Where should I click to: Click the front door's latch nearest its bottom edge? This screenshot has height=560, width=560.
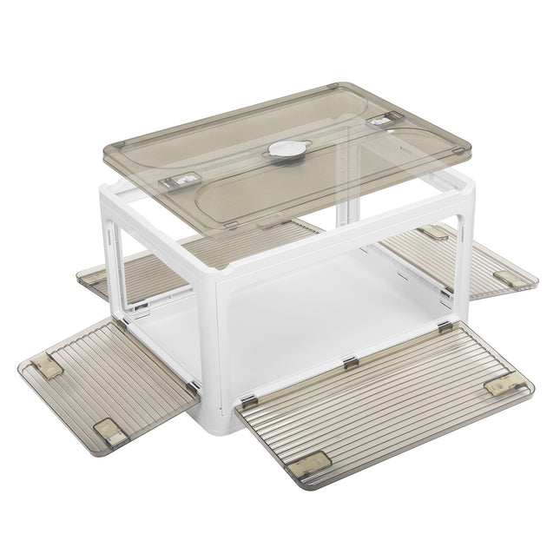(311, 462)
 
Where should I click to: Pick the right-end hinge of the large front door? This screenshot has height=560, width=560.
(445, 327)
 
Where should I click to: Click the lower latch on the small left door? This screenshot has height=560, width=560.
(111, 430)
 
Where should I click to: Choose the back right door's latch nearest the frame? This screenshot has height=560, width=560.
(432, 234)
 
